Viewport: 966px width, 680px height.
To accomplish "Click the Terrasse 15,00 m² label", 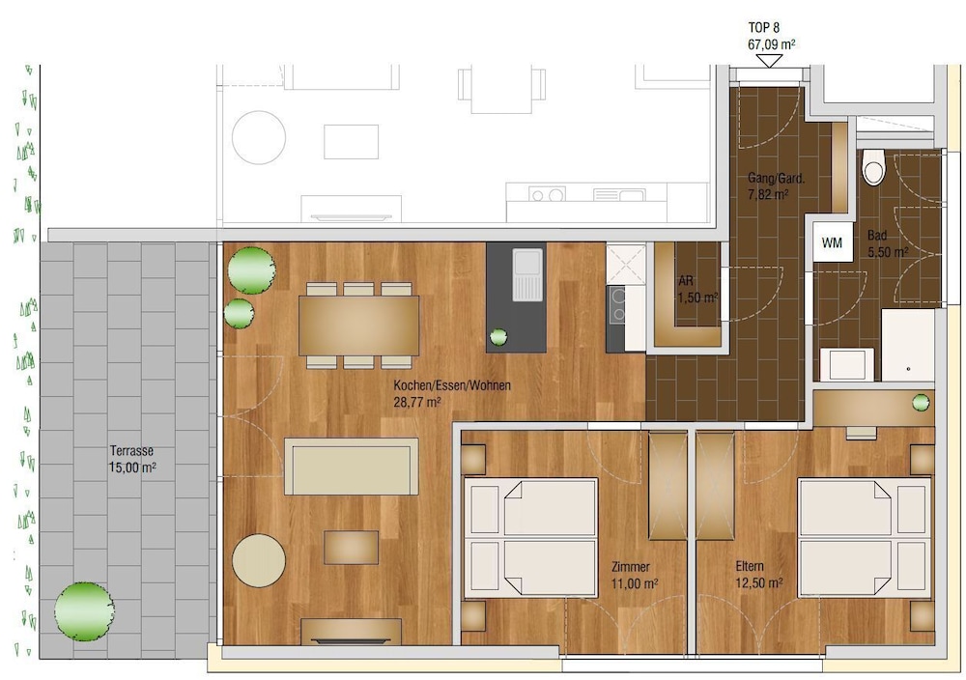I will tap(133, 459).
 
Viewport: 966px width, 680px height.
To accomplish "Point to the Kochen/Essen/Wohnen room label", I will tap(451, 393).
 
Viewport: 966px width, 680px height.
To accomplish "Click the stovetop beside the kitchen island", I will tap(616, 306).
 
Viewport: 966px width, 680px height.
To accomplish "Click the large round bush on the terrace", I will tap(83, 609).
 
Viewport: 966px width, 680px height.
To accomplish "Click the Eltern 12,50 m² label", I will tap(758, 575).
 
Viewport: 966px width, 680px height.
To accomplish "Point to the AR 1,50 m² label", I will tap(696, 289).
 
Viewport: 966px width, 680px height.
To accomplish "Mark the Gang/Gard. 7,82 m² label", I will tap(769, 186).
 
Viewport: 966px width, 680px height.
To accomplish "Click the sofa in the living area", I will tap(351, 467).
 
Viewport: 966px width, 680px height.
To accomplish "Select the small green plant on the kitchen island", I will tap(498, 337).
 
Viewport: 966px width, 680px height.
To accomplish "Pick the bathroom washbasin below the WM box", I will tap(847, 365).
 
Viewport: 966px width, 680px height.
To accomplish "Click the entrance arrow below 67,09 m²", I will tap(769, 61).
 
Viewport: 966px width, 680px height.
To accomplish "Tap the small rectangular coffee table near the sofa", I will tap(351, 547).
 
